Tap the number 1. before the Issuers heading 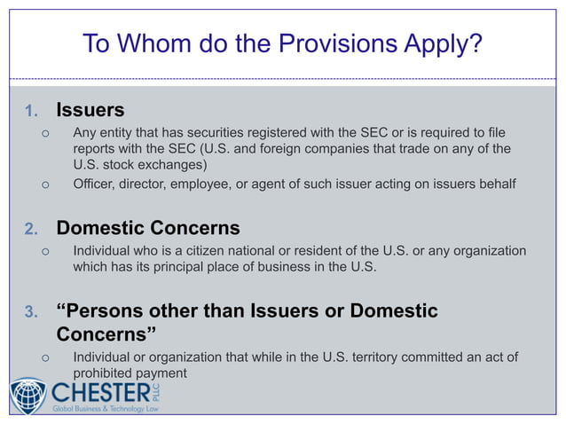pyautogui.click(x=31, y=112)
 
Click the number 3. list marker pyautogui.click(x=31, y=312)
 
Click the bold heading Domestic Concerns pyautogui.click(x=148, y=228)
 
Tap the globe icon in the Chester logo pyautogui.click(x=28, y=396)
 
